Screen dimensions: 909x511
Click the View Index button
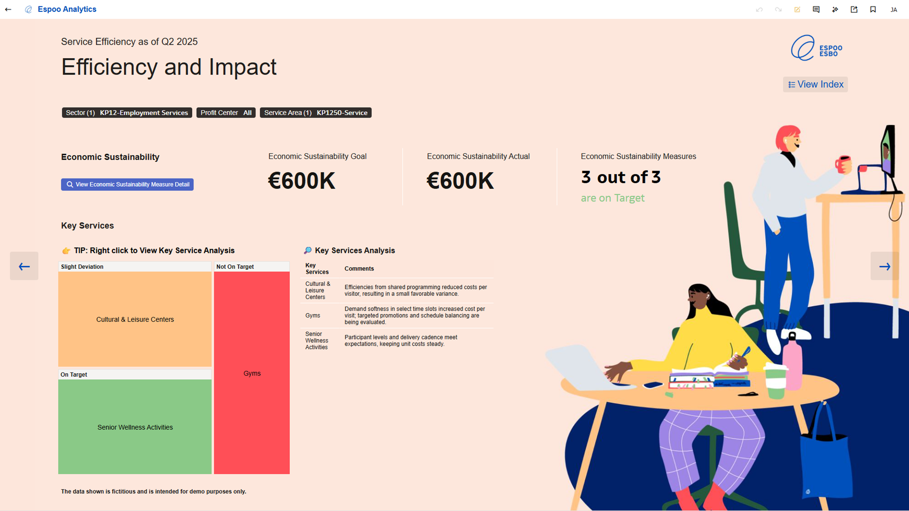(815, 84)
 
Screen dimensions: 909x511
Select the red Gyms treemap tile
(252, 373)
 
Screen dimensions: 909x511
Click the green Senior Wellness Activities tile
(135, 427)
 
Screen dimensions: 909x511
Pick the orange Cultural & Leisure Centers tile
(135, 319)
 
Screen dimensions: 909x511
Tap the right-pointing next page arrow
(884, 266)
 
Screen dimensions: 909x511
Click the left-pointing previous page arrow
(24, 266)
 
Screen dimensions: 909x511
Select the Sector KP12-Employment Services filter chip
(127, 113)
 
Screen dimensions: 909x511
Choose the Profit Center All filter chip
(226, 113)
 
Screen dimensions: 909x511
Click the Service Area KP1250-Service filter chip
(316, 113)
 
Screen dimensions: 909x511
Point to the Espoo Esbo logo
(817, 48)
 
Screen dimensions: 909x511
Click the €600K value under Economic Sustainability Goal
(302, 181)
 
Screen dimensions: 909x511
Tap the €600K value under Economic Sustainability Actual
(460, 181)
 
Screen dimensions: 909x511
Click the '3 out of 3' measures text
(621, 177)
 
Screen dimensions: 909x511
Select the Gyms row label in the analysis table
(313, 316)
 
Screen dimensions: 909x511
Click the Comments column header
(359, 269)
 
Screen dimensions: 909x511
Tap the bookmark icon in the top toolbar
(873, 10)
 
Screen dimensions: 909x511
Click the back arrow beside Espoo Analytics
(8, 10)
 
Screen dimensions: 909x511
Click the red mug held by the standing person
(843, 164)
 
